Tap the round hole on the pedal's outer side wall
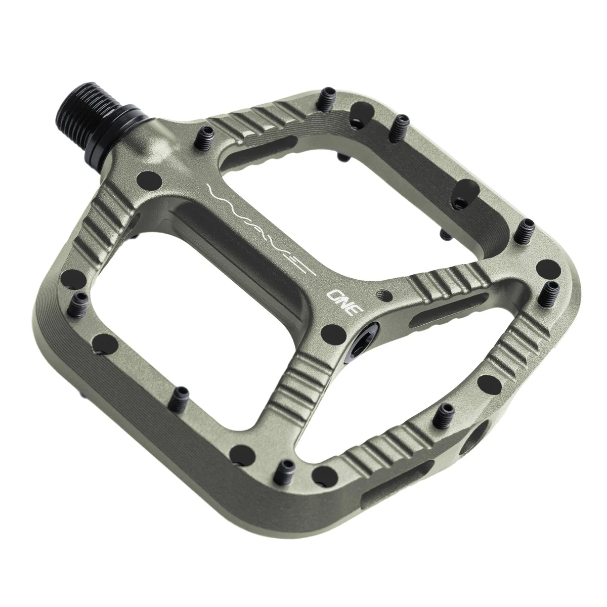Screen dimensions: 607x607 tap(477, 433)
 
